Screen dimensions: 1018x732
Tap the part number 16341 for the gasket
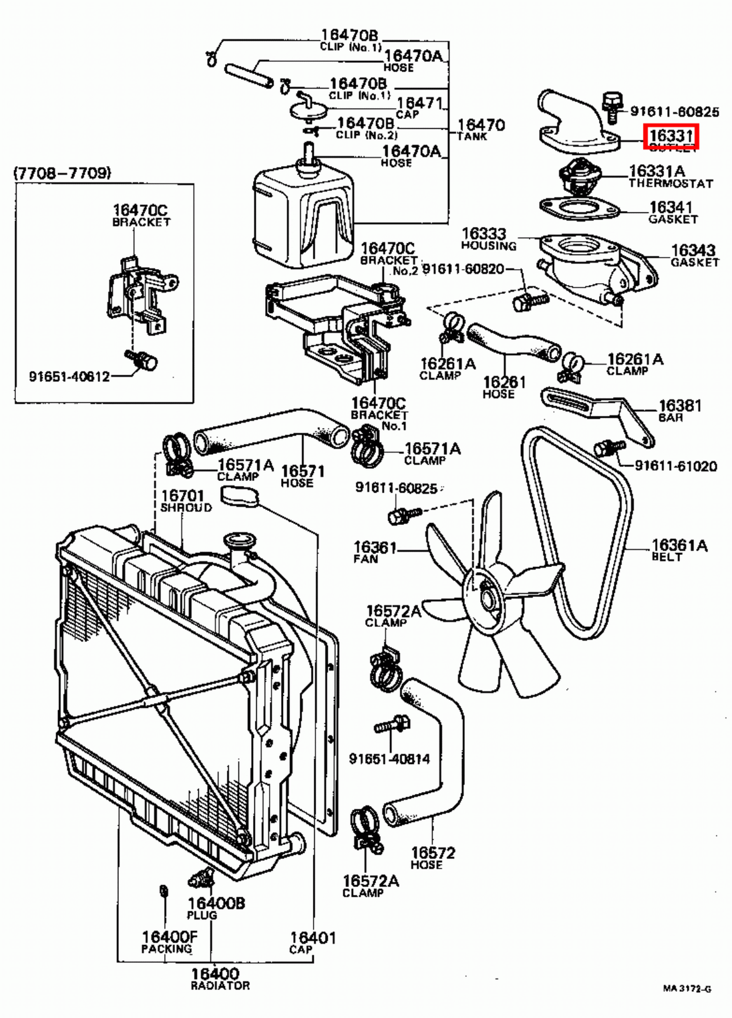[670, 207]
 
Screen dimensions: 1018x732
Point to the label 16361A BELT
[679, 549]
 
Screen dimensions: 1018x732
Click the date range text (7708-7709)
[62, 172]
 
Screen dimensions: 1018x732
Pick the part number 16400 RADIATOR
[215, 974]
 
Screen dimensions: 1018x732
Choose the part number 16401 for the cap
[312, 937]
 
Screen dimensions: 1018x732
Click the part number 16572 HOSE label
[432, 853]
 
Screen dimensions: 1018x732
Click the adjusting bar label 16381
[679, 406]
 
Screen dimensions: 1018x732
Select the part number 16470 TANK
[481, 125]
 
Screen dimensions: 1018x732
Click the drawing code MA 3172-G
[686, 989]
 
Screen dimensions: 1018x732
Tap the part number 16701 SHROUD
[183, 496]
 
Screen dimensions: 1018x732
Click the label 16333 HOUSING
[483, 234]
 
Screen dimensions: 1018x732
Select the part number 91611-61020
[675, 466]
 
